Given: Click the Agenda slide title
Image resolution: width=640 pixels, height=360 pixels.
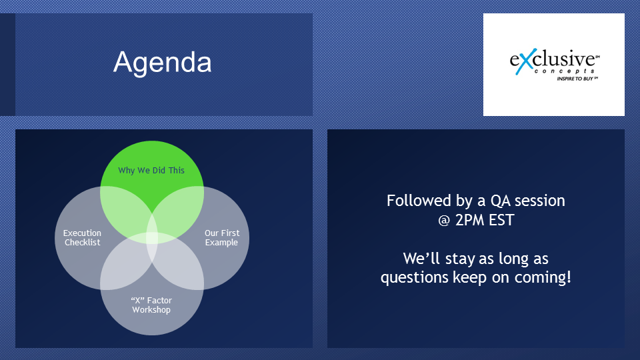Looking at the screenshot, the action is [x=163, y=63].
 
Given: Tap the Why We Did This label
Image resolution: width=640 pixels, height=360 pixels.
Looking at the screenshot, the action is [x=151, y=170].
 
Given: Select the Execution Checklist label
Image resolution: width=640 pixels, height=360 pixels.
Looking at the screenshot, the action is [x=83, y=237].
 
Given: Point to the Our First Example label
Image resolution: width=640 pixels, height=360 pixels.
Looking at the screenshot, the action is [x=221, y=237].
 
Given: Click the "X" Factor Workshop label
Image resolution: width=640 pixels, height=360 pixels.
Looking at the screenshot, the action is [x=151, y=305].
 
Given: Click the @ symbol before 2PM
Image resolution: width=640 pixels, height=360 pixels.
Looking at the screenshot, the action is [x=444, y=221].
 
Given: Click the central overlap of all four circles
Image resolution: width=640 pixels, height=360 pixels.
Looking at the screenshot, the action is [x=152, y=237].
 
